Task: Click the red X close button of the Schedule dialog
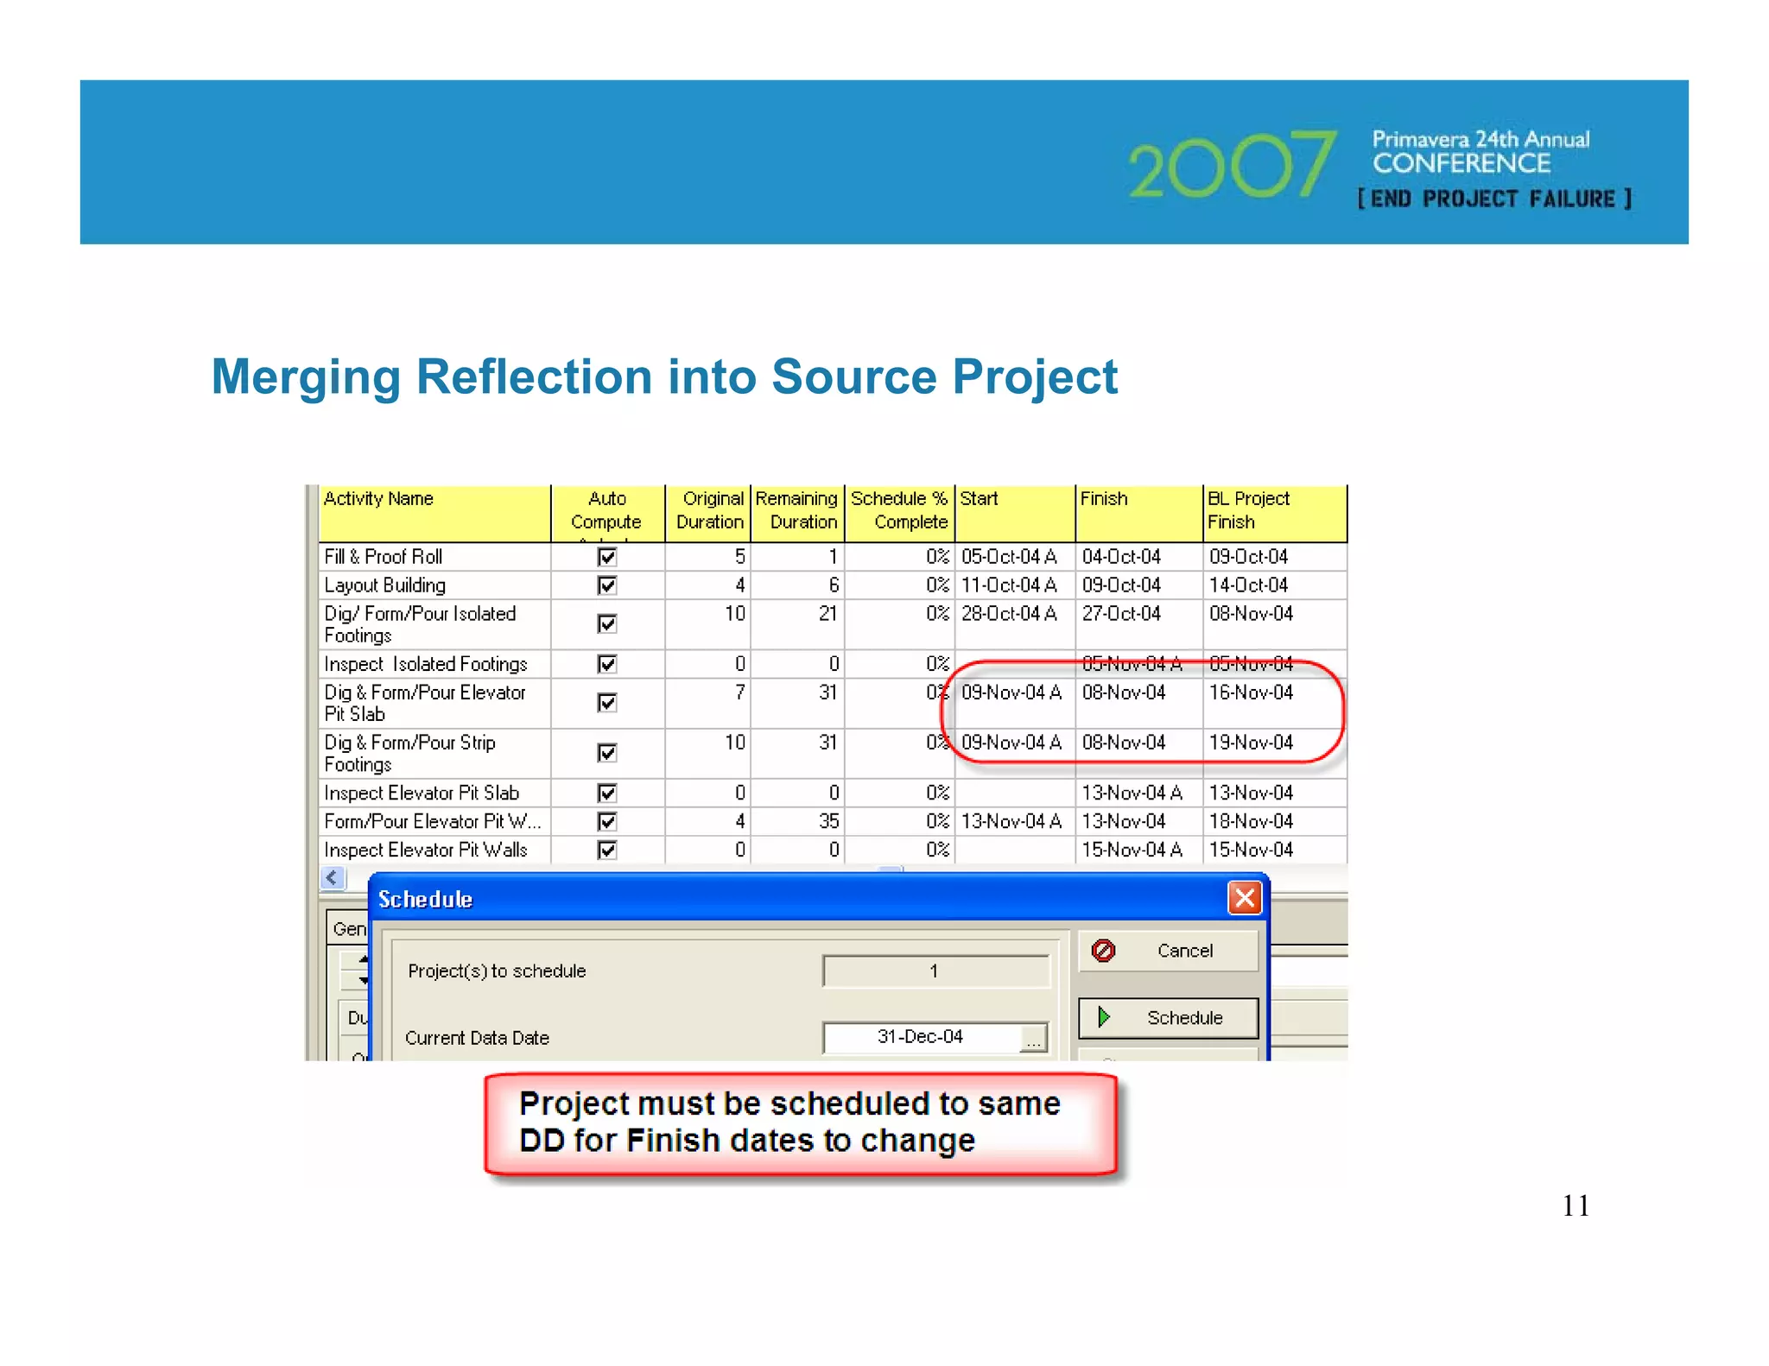click(1244, 898)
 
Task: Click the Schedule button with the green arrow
click(1168, 1018)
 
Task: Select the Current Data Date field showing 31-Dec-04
click(921, 1036)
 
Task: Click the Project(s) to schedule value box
click(935, 971)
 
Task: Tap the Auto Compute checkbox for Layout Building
click(607, 585)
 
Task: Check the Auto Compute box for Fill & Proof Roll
click(607, 557)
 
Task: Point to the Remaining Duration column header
click(796, 511)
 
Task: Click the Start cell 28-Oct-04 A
click(1009, 614)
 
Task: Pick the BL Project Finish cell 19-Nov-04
click(1251, 743)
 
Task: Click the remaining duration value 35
click(827, 821)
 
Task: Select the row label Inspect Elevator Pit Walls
click(426, 850)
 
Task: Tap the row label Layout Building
click(385, 585)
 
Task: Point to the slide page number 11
click(1576, 1205)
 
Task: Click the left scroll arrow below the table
click(333, 878)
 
